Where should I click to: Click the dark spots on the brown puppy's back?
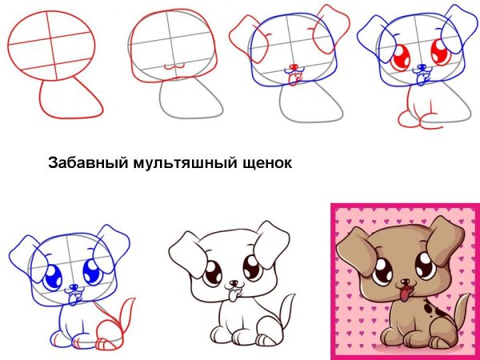(x=433, y=307)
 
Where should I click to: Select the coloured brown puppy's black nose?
(x=405, y=284)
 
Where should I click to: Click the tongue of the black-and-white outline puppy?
(x=235, y=298)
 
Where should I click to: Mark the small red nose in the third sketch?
(x=294, y=66)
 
